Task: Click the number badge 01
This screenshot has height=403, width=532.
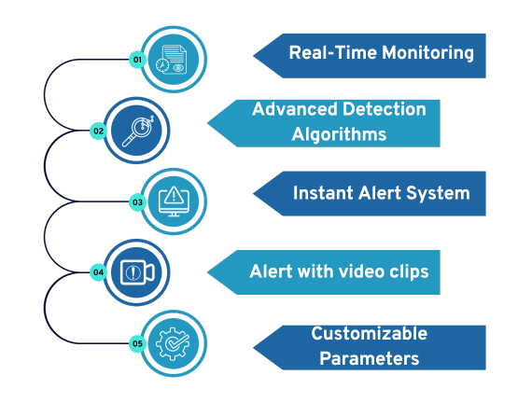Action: [137, 60]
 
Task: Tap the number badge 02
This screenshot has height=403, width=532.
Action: [98, 131]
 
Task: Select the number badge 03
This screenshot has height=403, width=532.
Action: [137, 202]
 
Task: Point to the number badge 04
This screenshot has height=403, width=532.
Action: [98, 272]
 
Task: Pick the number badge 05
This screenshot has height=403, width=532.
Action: [137, 343]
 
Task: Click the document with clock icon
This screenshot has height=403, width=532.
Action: [172, 60]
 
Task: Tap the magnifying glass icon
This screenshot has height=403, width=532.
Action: [138, 131]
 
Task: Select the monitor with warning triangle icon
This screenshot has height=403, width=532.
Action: [174, 201]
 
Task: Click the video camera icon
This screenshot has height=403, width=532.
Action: [137, 272]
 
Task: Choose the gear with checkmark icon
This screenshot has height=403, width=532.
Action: [173, 343]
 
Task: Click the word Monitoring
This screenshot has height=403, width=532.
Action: [427, 53]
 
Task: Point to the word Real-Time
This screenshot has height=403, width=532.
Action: [333, 53]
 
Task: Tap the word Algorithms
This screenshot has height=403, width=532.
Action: [339, 134]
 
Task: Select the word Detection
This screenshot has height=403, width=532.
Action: [385, 109]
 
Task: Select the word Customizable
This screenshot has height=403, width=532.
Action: [370, 333]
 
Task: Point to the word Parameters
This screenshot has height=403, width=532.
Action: [370, 358]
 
